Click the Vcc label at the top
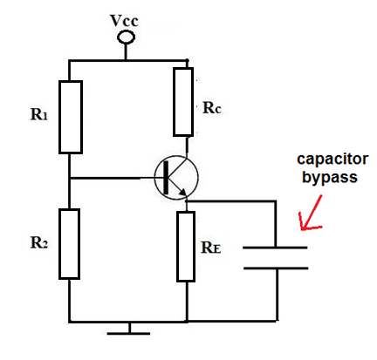coord(124,21)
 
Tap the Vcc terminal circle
coord(126,37)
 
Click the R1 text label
coord(38,114)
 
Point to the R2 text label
coord(39,242)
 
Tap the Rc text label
coord(212,108)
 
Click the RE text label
coord(211,248)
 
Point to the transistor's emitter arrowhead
coord(182,192)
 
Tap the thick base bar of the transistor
coord(166,178)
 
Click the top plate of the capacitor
coord(275,248)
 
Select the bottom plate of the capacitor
coord(276,268)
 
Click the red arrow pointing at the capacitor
coord(312,213)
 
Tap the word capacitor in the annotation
coord(332,160)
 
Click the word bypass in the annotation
coord(330,177)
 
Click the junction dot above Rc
coord(187,61)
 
